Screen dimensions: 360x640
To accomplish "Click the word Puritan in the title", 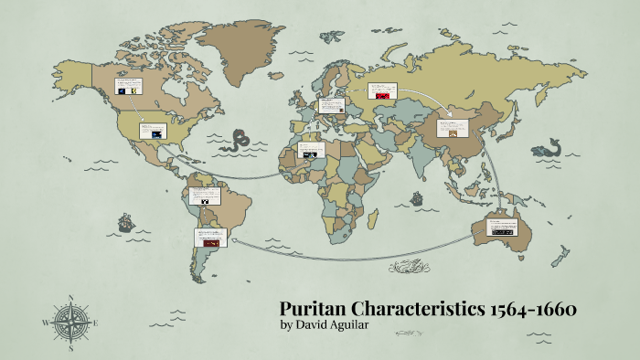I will point(311,309).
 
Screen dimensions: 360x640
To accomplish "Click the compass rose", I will point(69,320).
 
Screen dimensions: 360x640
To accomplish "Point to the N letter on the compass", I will point(69,298).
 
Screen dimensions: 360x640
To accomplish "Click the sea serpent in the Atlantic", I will point(240,141).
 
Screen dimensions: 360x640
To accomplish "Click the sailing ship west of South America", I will point(123,222).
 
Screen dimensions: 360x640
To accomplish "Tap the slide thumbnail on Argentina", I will point(208,238).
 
